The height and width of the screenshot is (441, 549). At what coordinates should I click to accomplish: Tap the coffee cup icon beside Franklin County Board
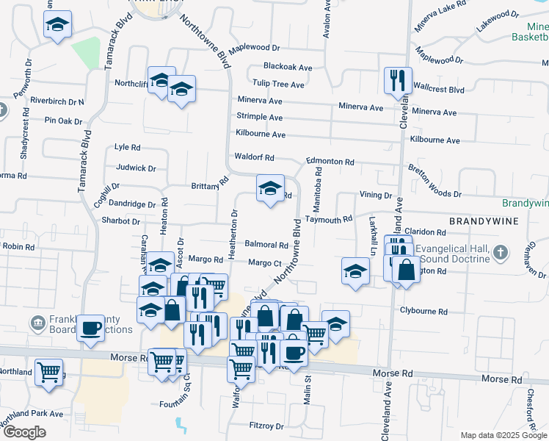click(x=91, y=329)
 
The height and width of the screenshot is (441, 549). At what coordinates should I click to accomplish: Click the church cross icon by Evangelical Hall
click(x=501, y=253)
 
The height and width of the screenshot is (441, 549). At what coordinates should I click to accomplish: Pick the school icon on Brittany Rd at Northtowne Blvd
click(x=270, y=190)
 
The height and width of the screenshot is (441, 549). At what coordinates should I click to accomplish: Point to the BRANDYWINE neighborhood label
click(x=484, y=220)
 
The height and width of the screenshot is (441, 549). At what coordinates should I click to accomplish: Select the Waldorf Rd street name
click(x=254, y=157)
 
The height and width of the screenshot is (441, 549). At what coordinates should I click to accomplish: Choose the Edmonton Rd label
click(x=330, y=162)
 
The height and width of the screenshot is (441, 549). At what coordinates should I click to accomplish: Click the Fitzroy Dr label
click(x=266, y=426)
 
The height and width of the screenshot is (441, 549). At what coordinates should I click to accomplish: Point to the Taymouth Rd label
click(x=329, y=219)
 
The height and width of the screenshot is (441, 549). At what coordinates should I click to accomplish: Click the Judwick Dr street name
click(x=137, y=168)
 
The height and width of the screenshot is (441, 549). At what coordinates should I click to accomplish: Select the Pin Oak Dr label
click(x=62, y=120)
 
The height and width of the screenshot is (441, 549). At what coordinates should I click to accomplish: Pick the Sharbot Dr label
click(x=121, y=220)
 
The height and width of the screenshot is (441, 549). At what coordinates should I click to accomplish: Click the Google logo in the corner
click(x=24, y=432)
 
